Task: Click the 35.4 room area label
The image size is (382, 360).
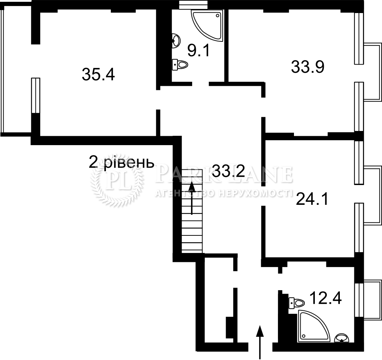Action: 98,74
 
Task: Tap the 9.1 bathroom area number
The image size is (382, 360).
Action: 198,51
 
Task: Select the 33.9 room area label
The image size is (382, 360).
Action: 308,67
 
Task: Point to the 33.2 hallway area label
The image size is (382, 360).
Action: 228,171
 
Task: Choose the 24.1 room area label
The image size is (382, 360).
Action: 312,199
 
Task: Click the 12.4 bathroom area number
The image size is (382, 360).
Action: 325,298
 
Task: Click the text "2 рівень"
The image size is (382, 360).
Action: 121,162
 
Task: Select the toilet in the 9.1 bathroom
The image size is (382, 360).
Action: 180,65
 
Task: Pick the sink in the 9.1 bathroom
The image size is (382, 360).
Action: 176,40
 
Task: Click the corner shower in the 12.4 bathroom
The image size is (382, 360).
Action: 313,326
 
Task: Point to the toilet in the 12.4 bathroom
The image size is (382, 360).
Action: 297,303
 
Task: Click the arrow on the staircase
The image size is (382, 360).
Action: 192,198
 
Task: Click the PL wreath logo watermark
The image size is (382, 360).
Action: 117,181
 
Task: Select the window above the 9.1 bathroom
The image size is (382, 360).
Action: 193,4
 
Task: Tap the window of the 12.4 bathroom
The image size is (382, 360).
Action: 359,300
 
